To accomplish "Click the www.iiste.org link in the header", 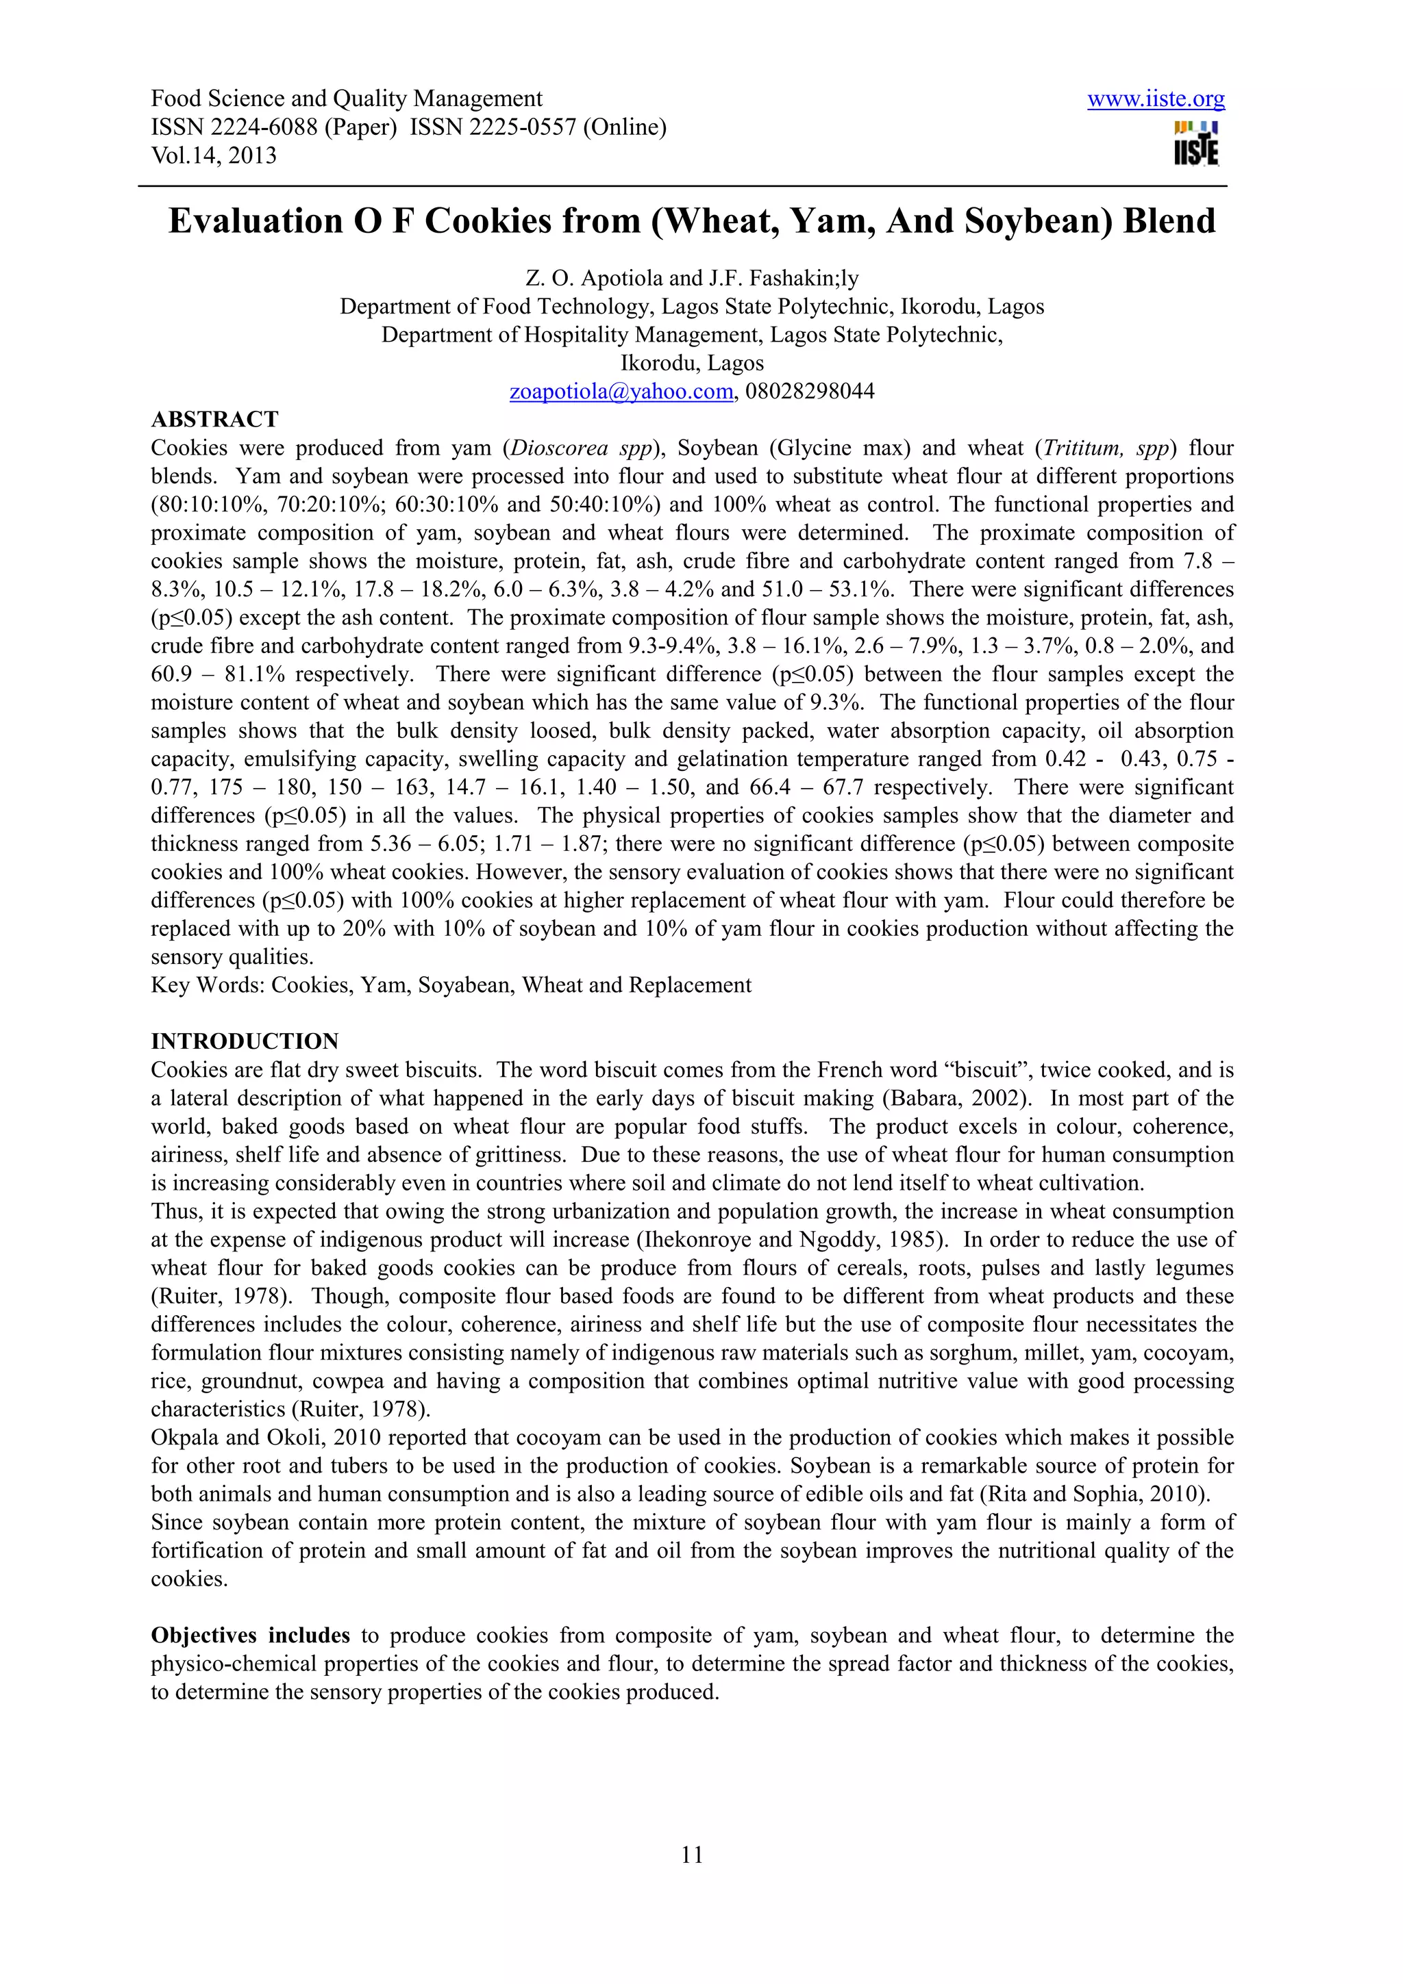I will tap(1155, 99).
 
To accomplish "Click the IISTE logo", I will tap(1196, 142).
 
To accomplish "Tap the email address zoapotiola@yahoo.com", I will tap(621, 392).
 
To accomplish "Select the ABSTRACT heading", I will tap(214, 419).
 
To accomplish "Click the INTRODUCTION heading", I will tap(245, 1041).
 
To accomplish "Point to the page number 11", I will tap(693, 1855).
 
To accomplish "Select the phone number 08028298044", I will tap(809, 392).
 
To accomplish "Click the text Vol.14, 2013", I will tap(214, 155).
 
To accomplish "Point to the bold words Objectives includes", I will tap(250, 1636).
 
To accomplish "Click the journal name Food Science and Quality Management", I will tap(347, 99).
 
